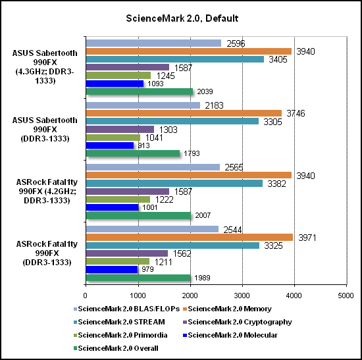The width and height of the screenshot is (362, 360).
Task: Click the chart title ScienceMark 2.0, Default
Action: click(182, 18)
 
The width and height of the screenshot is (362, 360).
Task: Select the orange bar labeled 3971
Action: click(190, 238)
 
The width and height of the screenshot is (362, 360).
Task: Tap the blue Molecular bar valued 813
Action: click(110, 145)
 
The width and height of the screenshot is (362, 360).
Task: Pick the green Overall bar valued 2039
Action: click(140, 91)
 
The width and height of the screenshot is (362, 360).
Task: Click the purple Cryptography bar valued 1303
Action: click(120, 129)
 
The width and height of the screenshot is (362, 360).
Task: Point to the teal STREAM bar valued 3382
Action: click(174, 184)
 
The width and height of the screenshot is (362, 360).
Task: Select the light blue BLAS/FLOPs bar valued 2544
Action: click(153, 229)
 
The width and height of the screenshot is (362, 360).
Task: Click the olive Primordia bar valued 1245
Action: click(118, 76)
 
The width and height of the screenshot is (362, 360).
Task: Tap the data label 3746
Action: click(296, 113)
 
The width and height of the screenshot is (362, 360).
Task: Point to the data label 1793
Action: click(192, 153)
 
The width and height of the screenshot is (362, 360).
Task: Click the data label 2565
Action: click(234, 167)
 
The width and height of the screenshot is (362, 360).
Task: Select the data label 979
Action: click(147, 269)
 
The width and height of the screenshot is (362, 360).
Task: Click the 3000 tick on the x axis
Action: click(242, 296)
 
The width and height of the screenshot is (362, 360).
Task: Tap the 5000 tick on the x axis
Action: click(346, 296)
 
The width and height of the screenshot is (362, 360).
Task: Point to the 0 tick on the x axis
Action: click(86, 296)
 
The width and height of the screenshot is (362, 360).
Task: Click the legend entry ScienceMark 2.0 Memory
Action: click(227, 309)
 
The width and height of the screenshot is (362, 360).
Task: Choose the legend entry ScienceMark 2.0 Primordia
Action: click(120, 335)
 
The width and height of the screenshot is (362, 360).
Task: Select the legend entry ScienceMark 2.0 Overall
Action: click(116, 348)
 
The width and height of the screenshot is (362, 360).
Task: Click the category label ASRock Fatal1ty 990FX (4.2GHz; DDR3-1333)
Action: click(47, 192)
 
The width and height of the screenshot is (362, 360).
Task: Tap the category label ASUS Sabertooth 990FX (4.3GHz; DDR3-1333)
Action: click(45, 67)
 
